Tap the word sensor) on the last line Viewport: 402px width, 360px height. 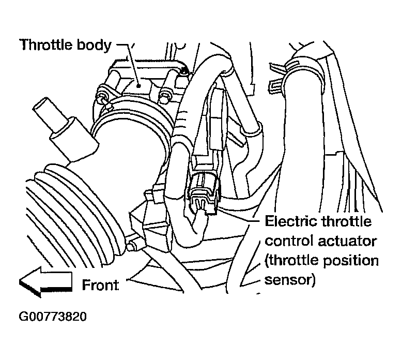[x=290, y=280]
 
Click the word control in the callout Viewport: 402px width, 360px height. [x=289, y=241]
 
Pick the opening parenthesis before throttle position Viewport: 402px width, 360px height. [x=267, y=261]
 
